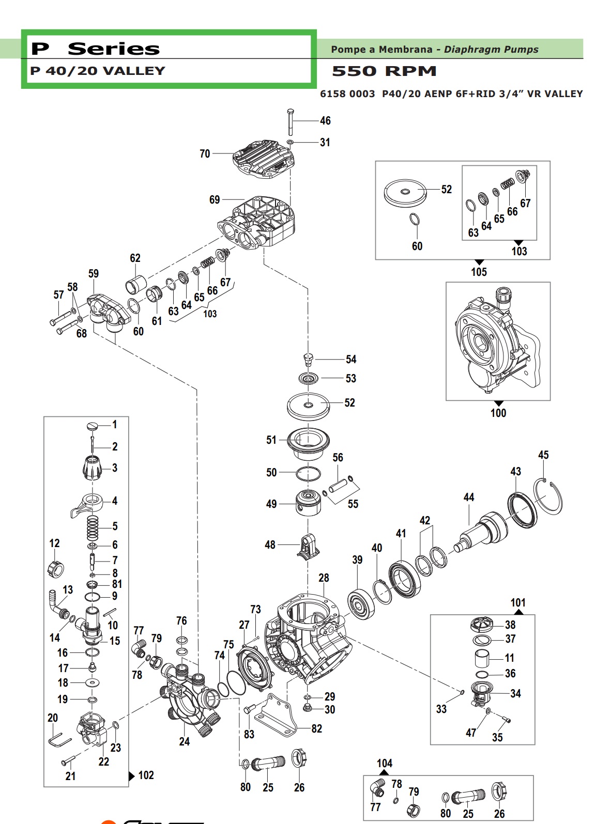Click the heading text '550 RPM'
(384, 71)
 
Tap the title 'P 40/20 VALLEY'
(98, 71)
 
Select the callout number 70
(205, 153)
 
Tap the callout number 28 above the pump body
(324, 578)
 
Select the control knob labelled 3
(93, 467)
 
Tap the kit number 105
(479, 272)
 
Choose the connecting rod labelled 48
(308, 546)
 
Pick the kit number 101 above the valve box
(518, 602)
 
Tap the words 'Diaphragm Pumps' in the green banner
(491, 50)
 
